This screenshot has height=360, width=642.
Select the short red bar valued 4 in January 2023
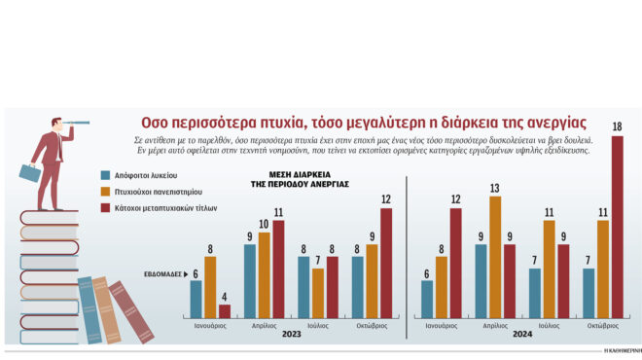click(225, 310)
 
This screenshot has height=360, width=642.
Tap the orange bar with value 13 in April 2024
click(495, 257)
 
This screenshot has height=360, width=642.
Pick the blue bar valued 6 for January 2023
click(196, 299)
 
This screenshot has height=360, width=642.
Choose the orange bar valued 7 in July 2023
click(318, 293)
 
